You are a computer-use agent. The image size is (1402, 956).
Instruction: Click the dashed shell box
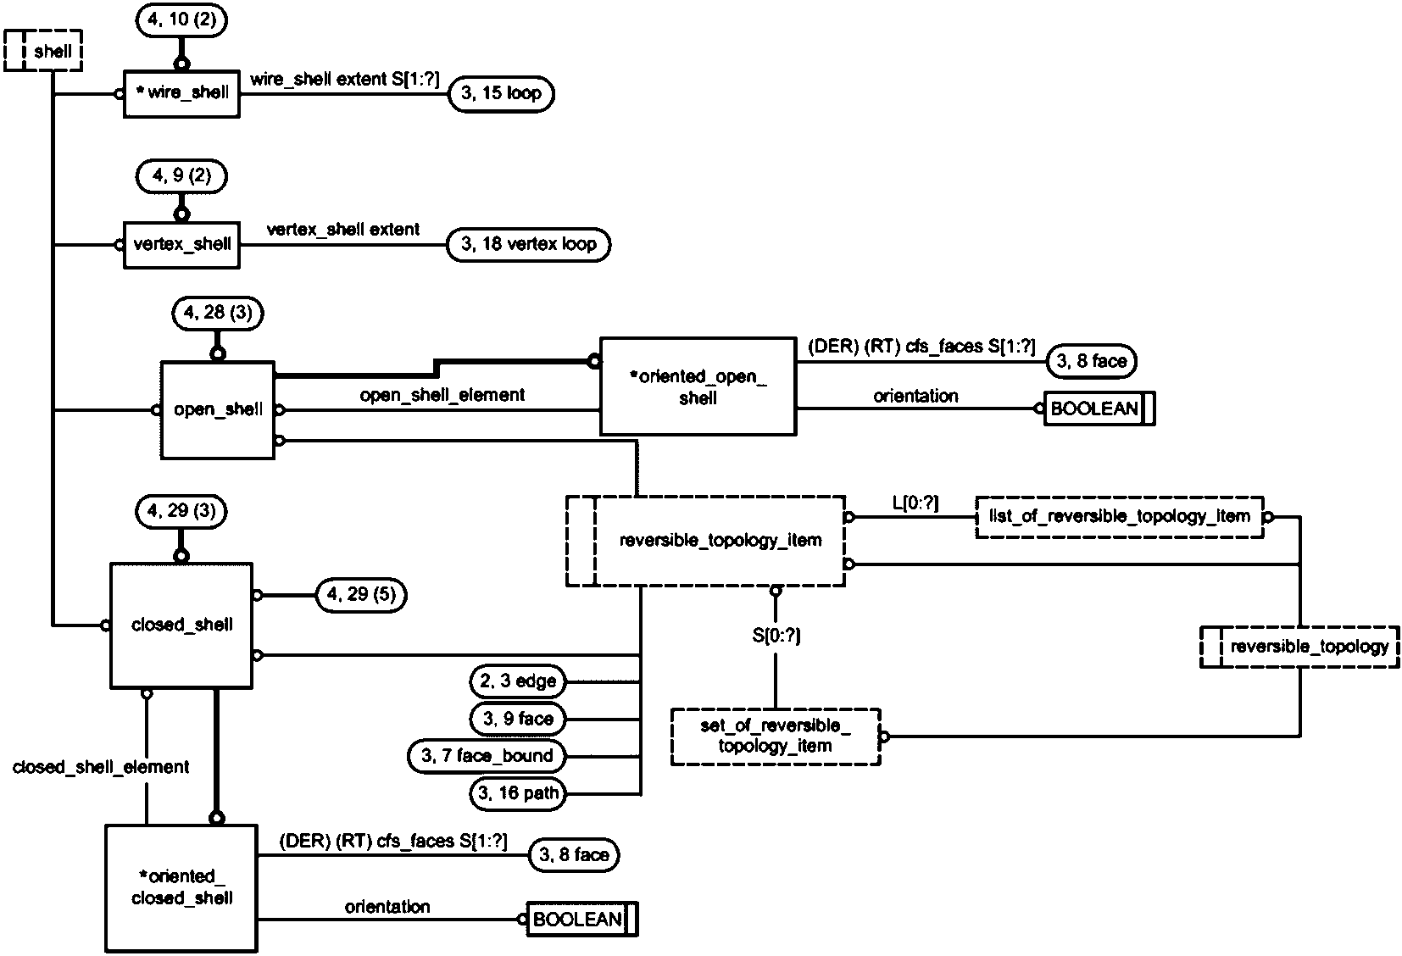pyautogui.click(x=43, y=51)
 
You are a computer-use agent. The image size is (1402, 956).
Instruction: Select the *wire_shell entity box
pyautogui.click(x=181, y=93)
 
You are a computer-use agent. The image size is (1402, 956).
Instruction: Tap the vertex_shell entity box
pyautogui.click(x=181, y=245)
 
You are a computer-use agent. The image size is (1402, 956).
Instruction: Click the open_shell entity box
pyautogui.click(x=218, y=410)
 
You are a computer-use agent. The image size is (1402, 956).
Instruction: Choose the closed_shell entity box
pyautogui.click(x=181, y=625)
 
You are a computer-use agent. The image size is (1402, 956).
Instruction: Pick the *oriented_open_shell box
pyautogui.click(x=698, y=386)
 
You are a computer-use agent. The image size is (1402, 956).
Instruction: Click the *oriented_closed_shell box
pyautogui.click(x=181, y=887)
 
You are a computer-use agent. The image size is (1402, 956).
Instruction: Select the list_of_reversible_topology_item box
pyautogui.click(x=1119, y=516)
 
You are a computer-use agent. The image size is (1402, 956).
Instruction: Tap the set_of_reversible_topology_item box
pyautogui.click(x=775, y=736)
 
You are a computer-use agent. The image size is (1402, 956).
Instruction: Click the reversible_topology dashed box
pyautogui.click(x=1299, y=648)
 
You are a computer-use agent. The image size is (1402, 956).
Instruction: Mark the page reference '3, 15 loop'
pyautogui.click(x=500, y=94)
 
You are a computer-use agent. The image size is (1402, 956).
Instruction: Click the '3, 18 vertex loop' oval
pyautogui.click(x=528, y=245)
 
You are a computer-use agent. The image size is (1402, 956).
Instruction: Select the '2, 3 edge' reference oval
pyautogui.click(x=518, y=681)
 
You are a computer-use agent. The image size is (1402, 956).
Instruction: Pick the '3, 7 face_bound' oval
pyautogui.click(x=487, y=756)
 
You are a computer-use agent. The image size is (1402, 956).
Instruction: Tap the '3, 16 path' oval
pyautogui.click(x=518, y=794)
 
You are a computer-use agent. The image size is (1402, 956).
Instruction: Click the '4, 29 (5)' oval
pyautogui.click(x=360, y=595)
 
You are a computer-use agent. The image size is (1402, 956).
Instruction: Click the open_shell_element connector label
pyautogui.click(x=442, y=395)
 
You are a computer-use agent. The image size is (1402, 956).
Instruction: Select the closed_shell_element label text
pyautogui.click(x=101, y=767)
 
